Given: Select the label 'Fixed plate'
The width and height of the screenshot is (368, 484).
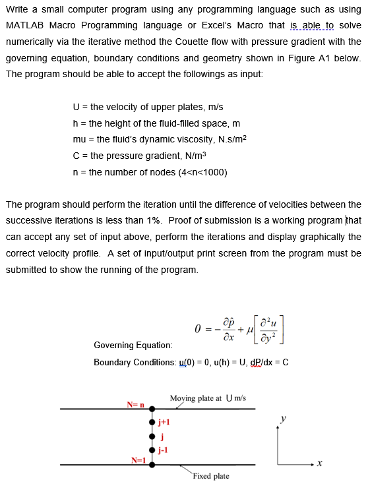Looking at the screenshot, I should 212,476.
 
